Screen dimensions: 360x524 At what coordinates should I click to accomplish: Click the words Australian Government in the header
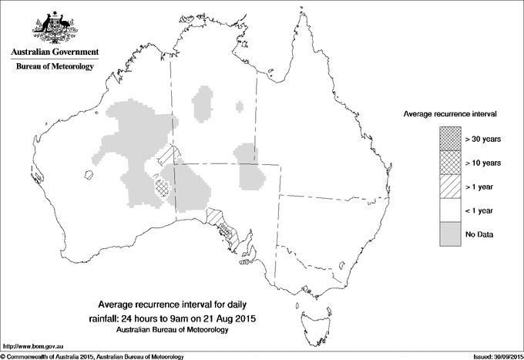(54, 52)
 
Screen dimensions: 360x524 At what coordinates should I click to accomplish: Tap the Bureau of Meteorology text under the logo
(54, 67)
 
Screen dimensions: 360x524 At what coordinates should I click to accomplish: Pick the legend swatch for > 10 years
(450, 162)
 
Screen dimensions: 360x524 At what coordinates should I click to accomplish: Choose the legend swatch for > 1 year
(450, 186)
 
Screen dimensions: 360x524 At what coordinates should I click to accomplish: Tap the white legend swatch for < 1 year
(450, 210)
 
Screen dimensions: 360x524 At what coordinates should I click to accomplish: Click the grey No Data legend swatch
(450, 234)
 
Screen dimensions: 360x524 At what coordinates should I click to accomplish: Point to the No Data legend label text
(479, 234)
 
